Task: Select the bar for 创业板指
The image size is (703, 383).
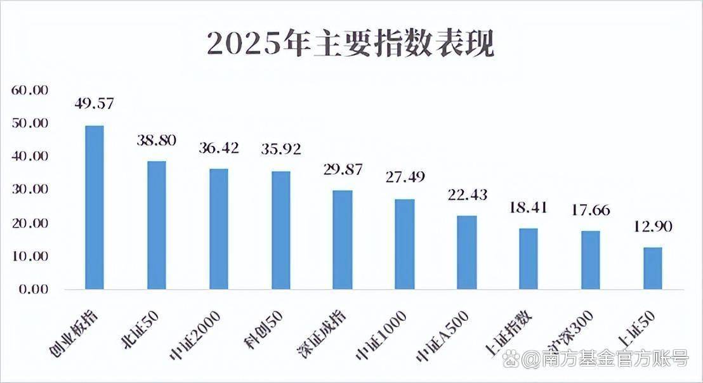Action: pyautogui.click(x=95, y=207)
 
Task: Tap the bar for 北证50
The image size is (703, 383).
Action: pyautogui.click(x=157, y=225)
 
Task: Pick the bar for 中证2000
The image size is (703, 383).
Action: pyautogui.click(x=219, y=229)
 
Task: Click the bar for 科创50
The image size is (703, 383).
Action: pyautogui.click(x=281, y=230)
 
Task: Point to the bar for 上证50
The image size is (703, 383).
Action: pyautogui.click(x=653, y=268)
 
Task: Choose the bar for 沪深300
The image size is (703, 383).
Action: pyautogui.click(x=591, y=260)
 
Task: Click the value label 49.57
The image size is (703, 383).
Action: pyautogui.click(x=94, y=103)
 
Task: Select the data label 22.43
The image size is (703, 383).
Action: pyautogui.click(x=467, y=195)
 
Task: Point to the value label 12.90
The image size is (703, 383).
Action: pyautogui.click(x=652, y=226)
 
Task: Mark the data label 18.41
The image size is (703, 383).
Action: pyautogui.click(x=529, y=207)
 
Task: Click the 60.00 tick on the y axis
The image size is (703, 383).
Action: pyautogui.click(x=30, y=90)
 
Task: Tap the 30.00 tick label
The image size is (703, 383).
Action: pyautogui.click(x=30, y=190)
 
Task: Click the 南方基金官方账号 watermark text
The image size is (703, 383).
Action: pyautogui.click(x=605, y=360)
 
